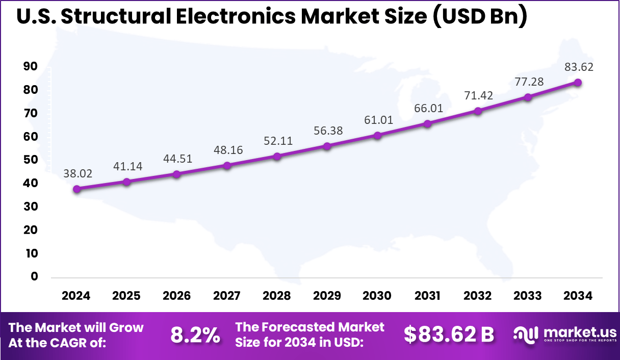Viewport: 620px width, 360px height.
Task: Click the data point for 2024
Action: coord(76,189)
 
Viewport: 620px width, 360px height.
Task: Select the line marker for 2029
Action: coord(327,146)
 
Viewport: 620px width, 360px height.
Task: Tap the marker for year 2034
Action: coord(578,82)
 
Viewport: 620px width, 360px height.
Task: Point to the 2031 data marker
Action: coord(427,123)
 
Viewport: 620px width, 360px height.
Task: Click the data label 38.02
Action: coord(78,173)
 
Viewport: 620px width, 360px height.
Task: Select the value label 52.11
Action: coord(278,141)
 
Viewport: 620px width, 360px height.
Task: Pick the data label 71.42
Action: coord(479,95)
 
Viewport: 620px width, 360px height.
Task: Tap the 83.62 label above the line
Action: coord(579,67)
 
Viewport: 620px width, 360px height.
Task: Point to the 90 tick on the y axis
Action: coord(31,66)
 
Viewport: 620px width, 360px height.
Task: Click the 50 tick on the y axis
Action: coord(31,160)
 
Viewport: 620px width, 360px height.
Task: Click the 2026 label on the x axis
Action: coord(176,296)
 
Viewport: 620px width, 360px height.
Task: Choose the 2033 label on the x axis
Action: coord(528,296)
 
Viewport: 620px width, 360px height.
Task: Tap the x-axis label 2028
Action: coord(277,296)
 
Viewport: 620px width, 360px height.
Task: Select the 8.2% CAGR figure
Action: coord(195,335)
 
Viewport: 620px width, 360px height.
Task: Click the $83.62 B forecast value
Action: coord(449,335)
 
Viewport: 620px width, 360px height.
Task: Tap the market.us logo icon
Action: coord(526,335)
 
